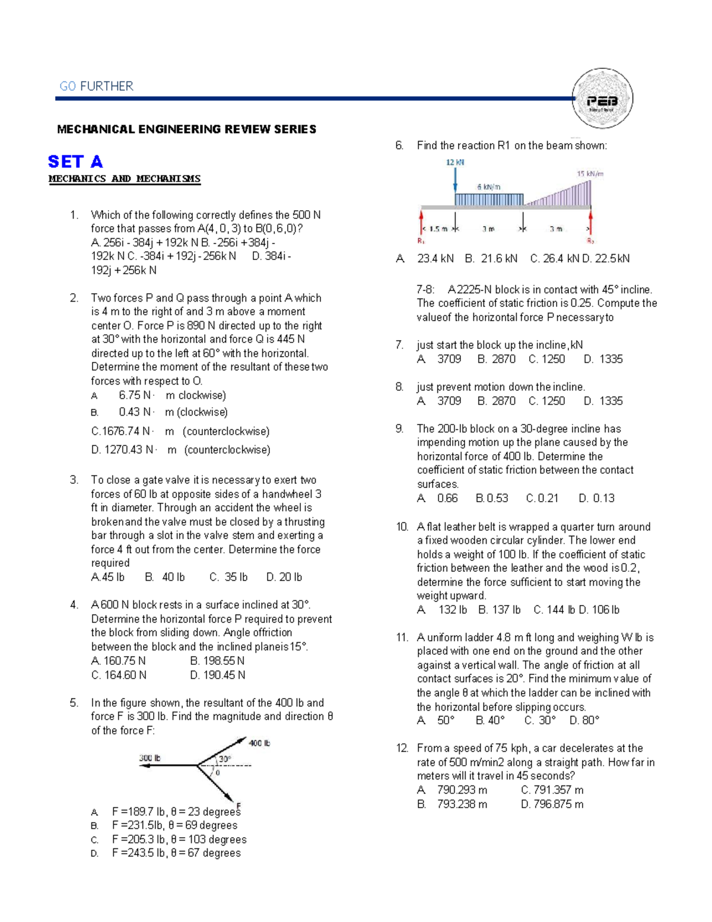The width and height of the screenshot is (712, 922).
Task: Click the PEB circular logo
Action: tap(602, 99)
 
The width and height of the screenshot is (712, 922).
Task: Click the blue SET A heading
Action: tap(75, 161)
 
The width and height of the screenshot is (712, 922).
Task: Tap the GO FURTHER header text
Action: tap(96, 86)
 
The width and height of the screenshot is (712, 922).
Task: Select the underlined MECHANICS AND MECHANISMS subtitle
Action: tap(125, 179)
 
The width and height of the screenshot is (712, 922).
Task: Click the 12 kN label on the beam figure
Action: tap(455, 162)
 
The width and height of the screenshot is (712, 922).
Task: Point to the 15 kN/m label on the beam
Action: tap(590, 173)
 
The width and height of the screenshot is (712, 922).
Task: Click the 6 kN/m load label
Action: tap(489, 186)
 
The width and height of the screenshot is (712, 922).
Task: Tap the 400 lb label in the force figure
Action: tap(259, 743)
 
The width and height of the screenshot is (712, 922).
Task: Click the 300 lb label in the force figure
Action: tap(150, 758)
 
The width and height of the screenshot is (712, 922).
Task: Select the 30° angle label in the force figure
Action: tap(225, 759)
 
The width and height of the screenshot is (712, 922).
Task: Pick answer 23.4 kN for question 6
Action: tap(436, 258)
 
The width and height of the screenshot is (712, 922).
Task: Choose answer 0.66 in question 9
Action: tap(447, 498)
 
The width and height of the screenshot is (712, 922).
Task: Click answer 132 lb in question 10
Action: tap(453, 610)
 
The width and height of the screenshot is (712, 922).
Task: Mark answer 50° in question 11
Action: tap(446, 720)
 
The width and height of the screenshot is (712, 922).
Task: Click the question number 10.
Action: tap(402, 527)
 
